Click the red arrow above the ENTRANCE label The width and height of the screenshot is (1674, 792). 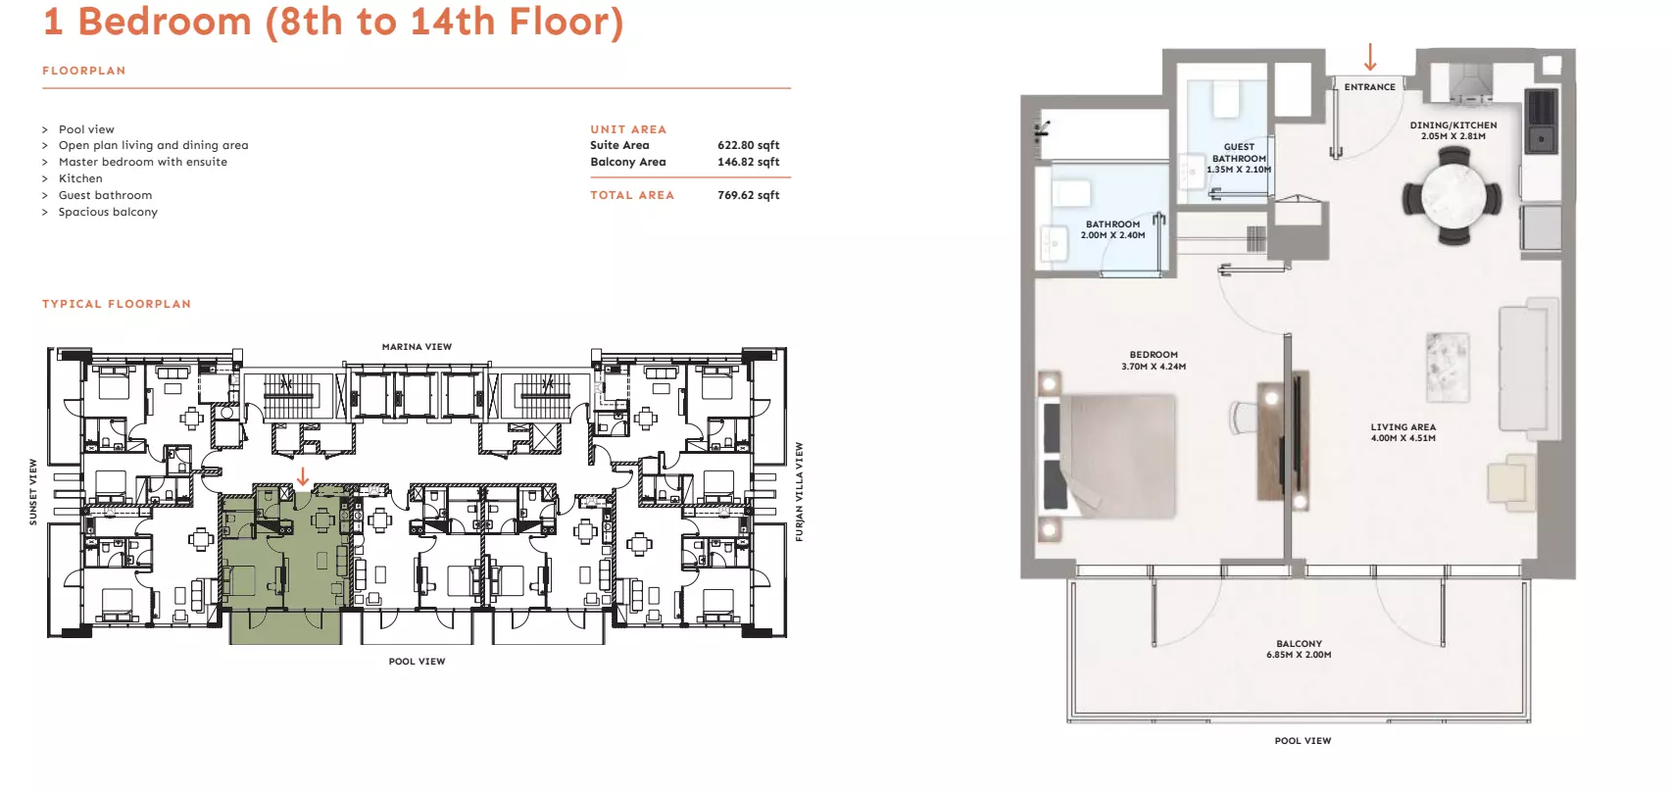1370,57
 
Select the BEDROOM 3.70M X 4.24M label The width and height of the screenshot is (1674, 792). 1154,360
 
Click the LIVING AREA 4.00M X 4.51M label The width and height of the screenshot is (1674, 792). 1403,432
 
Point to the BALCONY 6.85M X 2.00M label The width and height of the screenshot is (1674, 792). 1299,649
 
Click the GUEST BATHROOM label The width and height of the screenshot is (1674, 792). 1239,153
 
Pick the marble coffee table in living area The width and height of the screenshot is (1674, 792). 1448,368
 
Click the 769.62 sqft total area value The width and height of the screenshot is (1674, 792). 748,195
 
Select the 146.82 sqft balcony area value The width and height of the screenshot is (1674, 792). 748,162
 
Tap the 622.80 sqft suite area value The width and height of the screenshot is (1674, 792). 748,145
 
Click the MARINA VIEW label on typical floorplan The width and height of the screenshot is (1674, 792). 417,347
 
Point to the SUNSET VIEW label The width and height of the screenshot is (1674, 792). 33,492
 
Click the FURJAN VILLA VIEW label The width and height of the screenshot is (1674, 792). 799,492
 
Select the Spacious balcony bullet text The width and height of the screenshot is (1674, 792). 109,212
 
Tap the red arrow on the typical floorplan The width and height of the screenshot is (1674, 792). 303,476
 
